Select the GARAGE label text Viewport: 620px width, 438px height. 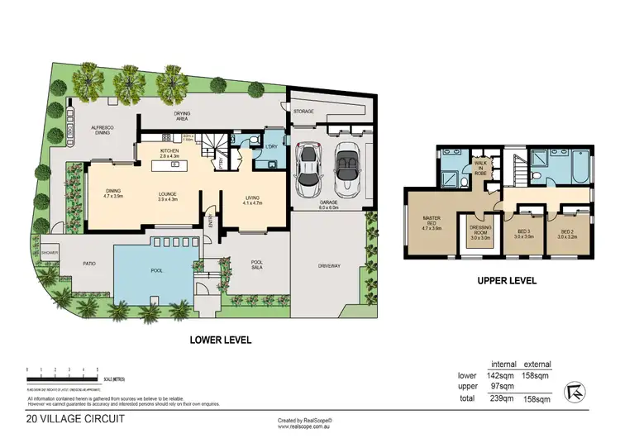tap(329, 201)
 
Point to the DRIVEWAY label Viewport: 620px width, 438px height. tap(329, 266)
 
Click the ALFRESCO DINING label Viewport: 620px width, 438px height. tap(103, 130)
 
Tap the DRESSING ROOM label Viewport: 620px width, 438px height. tap(480, 231)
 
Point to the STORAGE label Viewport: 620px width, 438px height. tap(303, 110)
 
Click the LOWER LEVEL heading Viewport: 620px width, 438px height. tap(220, 340)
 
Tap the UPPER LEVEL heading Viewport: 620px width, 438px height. tap(507, 281)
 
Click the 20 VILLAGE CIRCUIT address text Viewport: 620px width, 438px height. tap(77, 419)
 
